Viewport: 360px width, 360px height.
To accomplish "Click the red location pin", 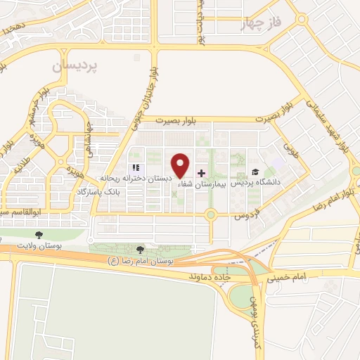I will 181,166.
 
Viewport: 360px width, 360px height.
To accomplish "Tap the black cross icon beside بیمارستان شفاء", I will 202,173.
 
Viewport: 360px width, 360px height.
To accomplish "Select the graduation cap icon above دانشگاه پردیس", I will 255,172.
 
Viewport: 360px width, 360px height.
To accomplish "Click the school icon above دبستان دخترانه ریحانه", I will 135,168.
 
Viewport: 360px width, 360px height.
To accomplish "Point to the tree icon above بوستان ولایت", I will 38,234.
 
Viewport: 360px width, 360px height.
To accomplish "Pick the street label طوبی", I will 290,148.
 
